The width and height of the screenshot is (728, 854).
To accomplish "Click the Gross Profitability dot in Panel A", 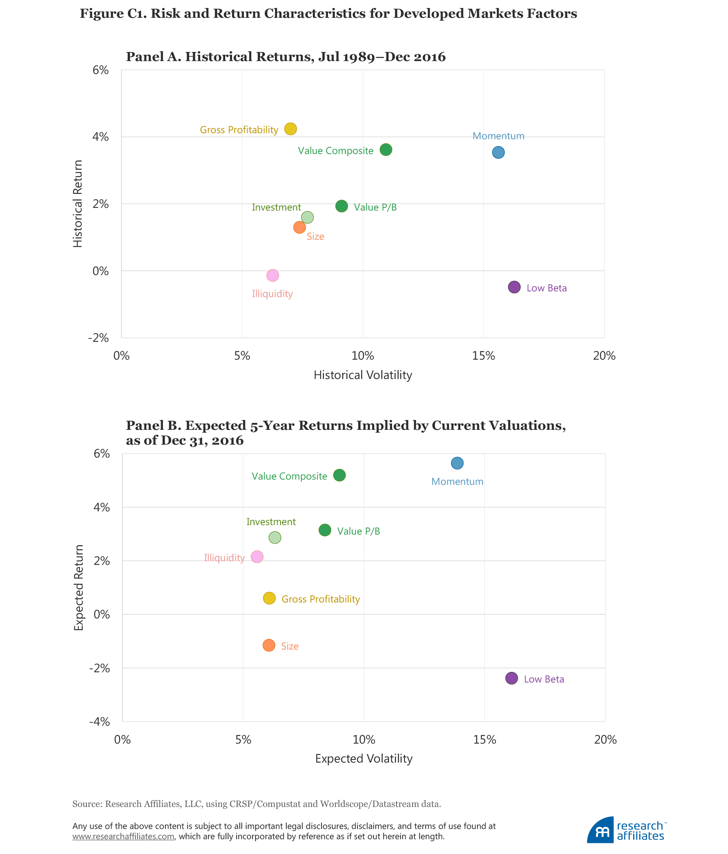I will click(290, 129).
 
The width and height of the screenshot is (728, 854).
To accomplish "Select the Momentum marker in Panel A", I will click(498, 153).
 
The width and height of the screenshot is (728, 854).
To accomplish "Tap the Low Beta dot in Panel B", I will click(511, 678).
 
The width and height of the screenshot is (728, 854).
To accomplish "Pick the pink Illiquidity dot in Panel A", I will click(273, 275).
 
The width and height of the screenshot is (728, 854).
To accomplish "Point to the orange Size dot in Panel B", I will click(268, 645).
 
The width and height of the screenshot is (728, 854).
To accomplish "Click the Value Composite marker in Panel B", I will click(339, 475).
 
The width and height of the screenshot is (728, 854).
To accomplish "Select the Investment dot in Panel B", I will click(275, 538).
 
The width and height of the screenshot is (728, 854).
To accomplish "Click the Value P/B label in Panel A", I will click(375, 207).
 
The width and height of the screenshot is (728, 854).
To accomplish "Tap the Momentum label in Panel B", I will click(457, 481).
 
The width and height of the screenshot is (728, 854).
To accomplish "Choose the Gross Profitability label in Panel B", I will click(320, 599).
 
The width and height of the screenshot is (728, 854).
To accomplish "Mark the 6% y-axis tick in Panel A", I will click(100, 70).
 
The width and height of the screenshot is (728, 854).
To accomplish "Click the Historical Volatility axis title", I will click(362, 375).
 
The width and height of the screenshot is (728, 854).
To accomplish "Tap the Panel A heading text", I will click(286, 57).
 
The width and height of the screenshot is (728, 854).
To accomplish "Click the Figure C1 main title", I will click(328, 14).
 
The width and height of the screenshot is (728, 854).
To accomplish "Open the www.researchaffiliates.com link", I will click(123, 836).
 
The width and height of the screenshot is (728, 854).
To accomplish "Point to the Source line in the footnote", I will click(256, 804).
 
